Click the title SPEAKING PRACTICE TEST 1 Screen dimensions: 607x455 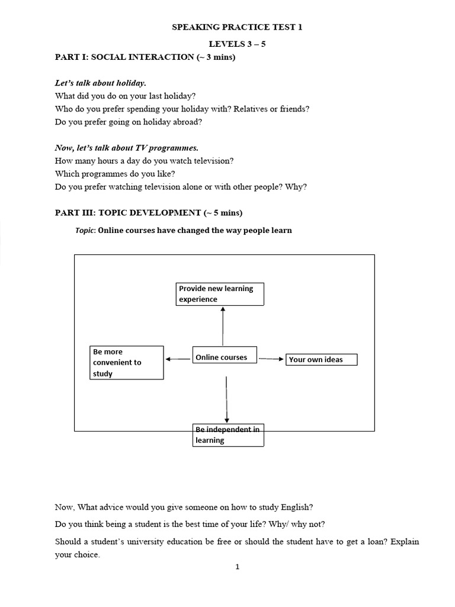click(237, 27)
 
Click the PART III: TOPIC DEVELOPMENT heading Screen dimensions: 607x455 click(148, 212)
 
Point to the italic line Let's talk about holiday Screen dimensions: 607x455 click(100, 83)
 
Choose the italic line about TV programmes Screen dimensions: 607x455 click(126, 148)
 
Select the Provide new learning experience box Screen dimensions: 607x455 click(220, 294)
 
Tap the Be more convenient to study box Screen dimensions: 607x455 click(126, 362)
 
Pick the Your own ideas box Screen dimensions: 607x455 click(322, 359)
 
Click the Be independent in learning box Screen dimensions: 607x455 click(228, 435)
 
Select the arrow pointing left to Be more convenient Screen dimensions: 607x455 click(178, 359)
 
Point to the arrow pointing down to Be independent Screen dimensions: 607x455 click(227, 400)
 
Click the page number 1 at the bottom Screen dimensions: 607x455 click(238, 567)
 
